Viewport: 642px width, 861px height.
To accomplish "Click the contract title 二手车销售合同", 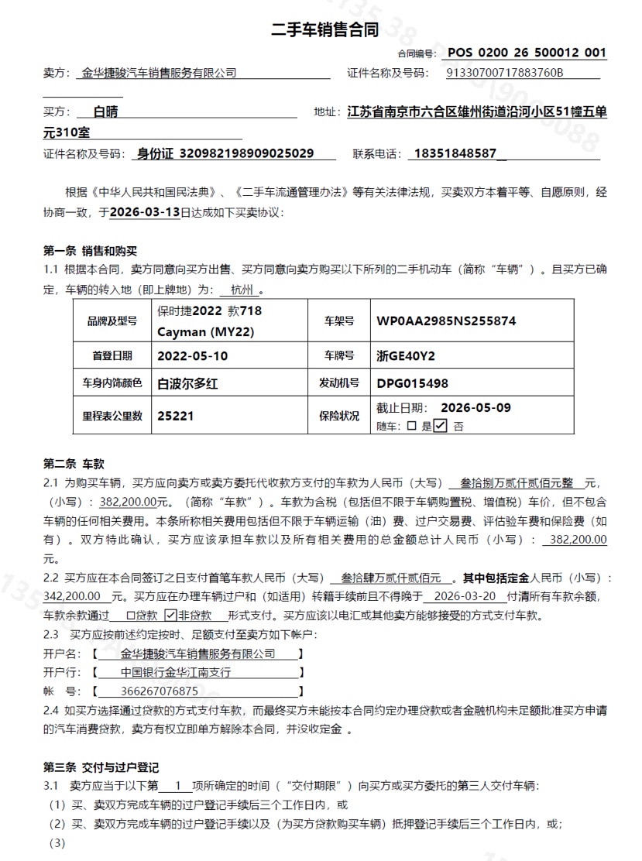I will pyautogui.click(x=324, y=30).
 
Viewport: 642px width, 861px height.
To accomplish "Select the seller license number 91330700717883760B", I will pyautogui.click(x=505, y=73).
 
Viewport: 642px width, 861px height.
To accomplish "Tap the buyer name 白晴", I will pyautogui.click(x=105, y=111).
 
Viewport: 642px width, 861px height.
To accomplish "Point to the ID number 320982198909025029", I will pyautogui.click(x=246, y=153).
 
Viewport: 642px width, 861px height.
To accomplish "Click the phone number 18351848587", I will pyautogui.click(x=455, y=153).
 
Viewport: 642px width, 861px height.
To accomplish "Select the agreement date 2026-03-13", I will pyautogui.click(x=145, y=211).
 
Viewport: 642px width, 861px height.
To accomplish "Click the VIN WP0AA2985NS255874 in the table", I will pyautogui.click(x=446, y=321).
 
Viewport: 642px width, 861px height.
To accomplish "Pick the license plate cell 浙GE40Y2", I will pyautogui.click(x=406, y=356).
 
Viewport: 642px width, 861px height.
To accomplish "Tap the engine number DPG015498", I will pyautogui.click(x=412, y=383).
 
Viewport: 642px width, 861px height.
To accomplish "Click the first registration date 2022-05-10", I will pyautogui.click(x=193, y=356).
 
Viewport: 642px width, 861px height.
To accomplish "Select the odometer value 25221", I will pyautogui.click(x=176, y=416).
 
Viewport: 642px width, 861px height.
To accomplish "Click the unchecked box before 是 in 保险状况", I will pyautogui.click(x=411, y=425).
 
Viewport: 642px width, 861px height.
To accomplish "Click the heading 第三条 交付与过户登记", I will pyautogui.click(x=101, y=767).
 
